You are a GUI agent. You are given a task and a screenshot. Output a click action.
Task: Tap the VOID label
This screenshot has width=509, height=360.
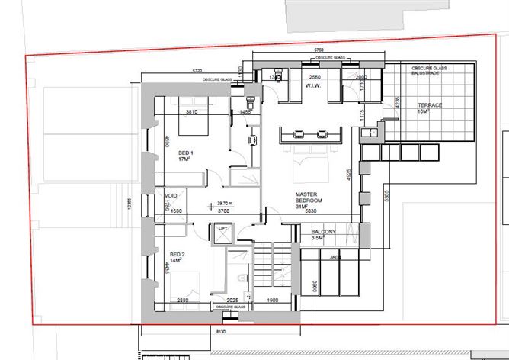pos(171,196)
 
